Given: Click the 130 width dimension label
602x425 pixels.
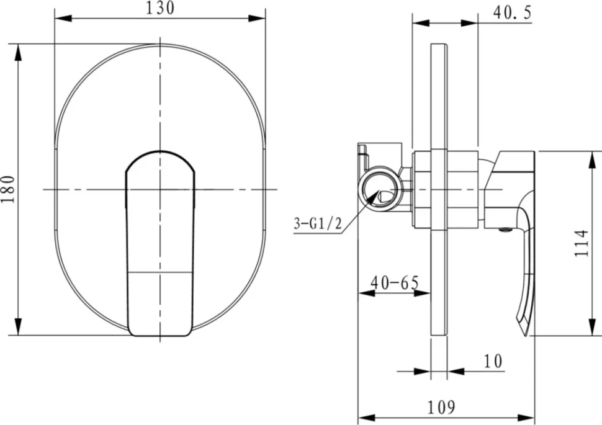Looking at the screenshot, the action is pos(160,8).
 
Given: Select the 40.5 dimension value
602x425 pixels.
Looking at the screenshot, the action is pos(513,12).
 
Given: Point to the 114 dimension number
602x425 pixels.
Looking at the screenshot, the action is pos(582,243).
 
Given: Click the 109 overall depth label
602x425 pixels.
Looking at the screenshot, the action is pos(441,406).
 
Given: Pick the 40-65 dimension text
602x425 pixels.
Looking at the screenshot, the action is pos(395,283).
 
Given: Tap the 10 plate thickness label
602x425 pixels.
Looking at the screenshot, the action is pos(493,361).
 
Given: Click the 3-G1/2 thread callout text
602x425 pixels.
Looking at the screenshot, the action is pos(318,223).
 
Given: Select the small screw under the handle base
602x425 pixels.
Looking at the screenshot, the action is pos(506,230).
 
